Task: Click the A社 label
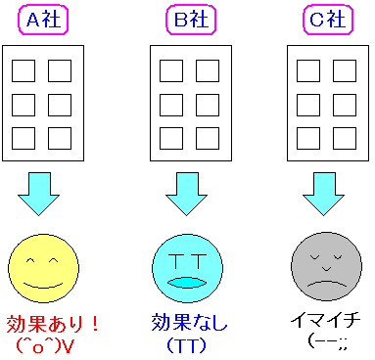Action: tap(45, 21)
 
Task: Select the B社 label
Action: tap(188, 21)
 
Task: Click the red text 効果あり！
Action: tap(46, 323)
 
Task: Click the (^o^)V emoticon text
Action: tap(46, 344)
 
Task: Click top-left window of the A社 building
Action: tap(24, 71)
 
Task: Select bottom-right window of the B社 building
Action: tap(207, 136)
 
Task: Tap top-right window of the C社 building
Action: tap(344, 71)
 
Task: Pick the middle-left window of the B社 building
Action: tap(169, 104)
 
